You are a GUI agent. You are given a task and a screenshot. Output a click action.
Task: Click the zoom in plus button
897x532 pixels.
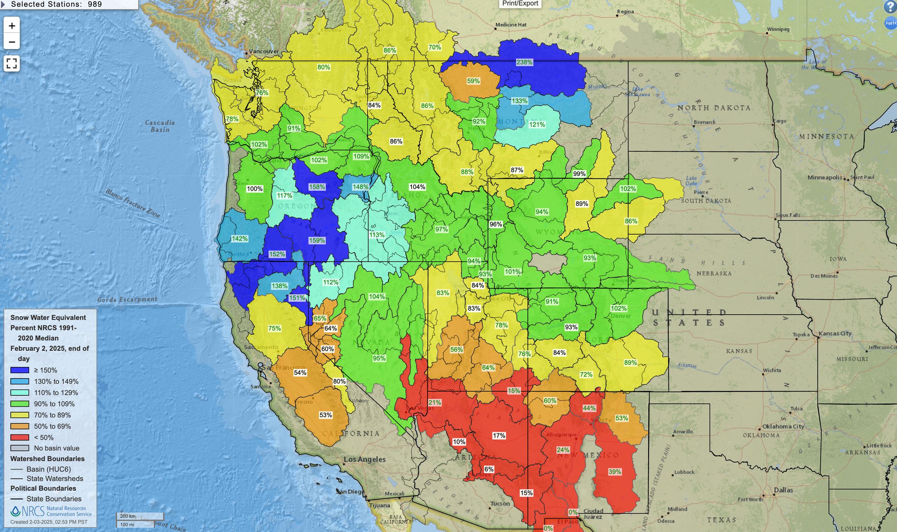point(11,26)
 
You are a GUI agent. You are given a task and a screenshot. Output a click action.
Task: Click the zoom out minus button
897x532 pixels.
point(11,42)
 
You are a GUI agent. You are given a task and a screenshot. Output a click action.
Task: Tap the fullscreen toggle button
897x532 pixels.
point(11,63)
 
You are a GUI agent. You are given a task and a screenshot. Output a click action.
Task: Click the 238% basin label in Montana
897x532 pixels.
point(524,62)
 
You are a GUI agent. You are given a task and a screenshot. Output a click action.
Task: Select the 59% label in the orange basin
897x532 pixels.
point(473,81)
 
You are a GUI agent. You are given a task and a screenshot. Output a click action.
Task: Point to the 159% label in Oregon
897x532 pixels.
point(317,240)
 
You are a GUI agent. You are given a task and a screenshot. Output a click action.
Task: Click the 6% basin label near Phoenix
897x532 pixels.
point(489,469)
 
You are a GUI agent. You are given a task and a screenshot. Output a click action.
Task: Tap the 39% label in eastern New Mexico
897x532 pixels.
point(615,472)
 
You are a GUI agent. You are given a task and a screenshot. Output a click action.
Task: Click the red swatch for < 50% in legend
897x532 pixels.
point(20,438)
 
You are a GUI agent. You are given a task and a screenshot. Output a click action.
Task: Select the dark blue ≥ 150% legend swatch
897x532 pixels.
point(20,370)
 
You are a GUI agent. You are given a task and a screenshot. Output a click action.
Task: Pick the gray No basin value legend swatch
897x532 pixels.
point(20,448)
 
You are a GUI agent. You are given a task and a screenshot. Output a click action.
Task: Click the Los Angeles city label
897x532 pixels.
point(365,460)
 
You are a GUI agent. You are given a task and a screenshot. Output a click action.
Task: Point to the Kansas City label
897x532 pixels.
point(835,333)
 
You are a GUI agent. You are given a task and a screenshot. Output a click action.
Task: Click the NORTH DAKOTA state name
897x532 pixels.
point(714,108)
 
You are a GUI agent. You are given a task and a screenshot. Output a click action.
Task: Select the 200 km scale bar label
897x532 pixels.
point(128,516)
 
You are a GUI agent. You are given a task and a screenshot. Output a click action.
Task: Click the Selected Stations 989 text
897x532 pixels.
point(56,4)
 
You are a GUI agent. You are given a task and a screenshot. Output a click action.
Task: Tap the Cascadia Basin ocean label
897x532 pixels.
point(160,126)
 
